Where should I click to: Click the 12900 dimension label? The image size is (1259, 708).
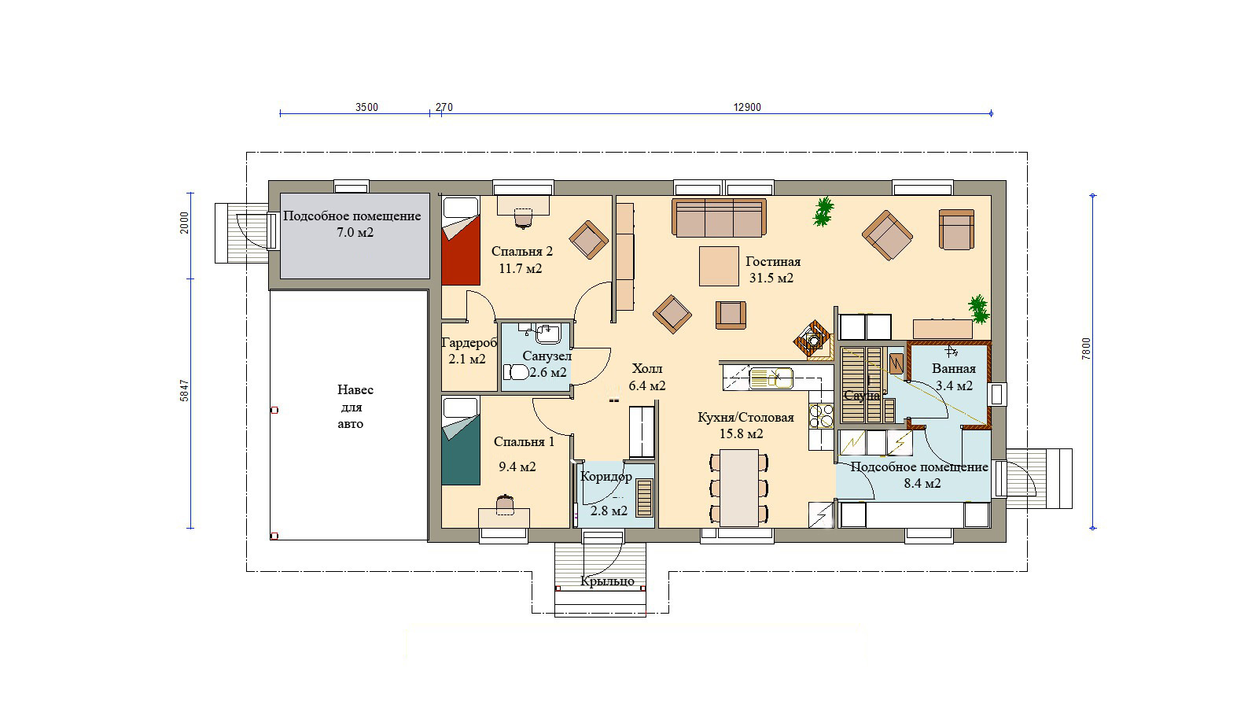(x=747, y=108)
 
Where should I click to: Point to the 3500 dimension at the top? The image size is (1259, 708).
(x=366, y=108)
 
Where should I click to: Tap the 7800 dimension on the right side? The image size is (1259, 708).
(x=1086, y=348)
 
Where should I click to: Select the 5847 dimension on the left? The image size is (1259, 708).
(x=184, y=390)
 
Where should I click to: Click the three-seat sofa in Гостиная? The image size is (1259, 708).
(x=719, y=218)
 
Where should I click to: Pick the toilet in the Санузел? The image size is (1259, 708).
(x=515, y=372)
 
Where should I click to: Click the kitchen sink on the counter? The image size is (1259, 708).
(x=771, y=378)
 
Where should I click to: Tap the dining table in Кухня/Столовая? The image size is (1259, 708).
(x=739, y=488)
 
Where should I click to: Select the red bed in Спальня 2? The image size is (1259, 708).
(x=460, y=241)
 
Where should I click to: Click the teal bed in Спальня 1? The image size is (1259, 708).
(x=460, y=441)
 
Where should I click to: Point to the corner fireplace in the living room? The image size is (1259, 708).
(x=813, y=339)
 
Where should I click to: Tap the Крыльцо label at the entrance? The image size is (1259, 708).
(x=607, y=581)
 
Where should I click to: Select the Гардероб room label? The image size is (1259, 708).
(x=469, y=342)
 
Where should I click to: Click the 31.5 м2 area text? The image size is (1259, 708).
(x=771, y=278)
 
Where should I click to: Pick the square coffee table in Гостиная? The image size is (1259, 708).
(x=719, y=266)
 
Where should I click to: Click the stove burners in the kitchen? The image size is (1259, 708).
(x=821, y=416)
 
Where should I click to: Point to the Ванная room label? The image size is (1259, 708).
(x=954, y=369)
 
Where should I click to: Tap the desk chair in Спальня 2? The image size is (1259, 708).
(x=523, y=218)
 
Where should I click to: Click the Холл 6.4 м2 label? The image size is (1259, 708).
(x=647, y=378)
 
